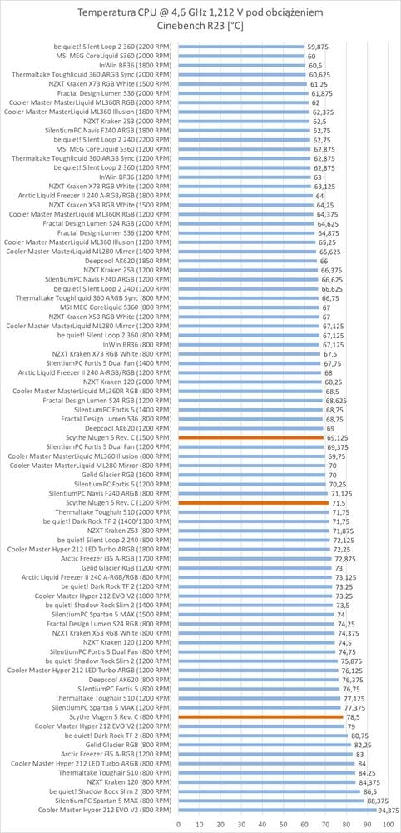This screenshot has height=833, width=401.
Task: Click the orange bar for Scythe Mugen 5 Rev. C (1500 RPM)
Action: pos(251,437)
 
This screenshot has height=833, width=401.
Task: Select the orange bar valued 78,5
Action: pos(261,716)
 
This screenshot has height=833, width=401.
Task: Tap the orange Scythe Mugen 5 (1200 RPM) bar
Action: pos(254,502)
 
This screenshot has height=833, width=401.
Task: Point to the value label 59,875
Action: pos(318,47)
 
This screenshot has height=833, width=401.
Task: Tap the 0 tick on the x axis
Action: pos(179,824)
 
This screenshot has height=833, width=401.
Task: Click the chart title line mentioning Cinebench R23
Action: pos(200,26)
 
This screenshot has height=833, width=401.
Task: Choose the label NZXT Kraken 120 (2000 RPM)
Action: pos(128,382)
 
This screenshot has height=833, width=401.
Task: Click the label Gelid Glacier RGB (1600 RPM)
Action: pos(127,475)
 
